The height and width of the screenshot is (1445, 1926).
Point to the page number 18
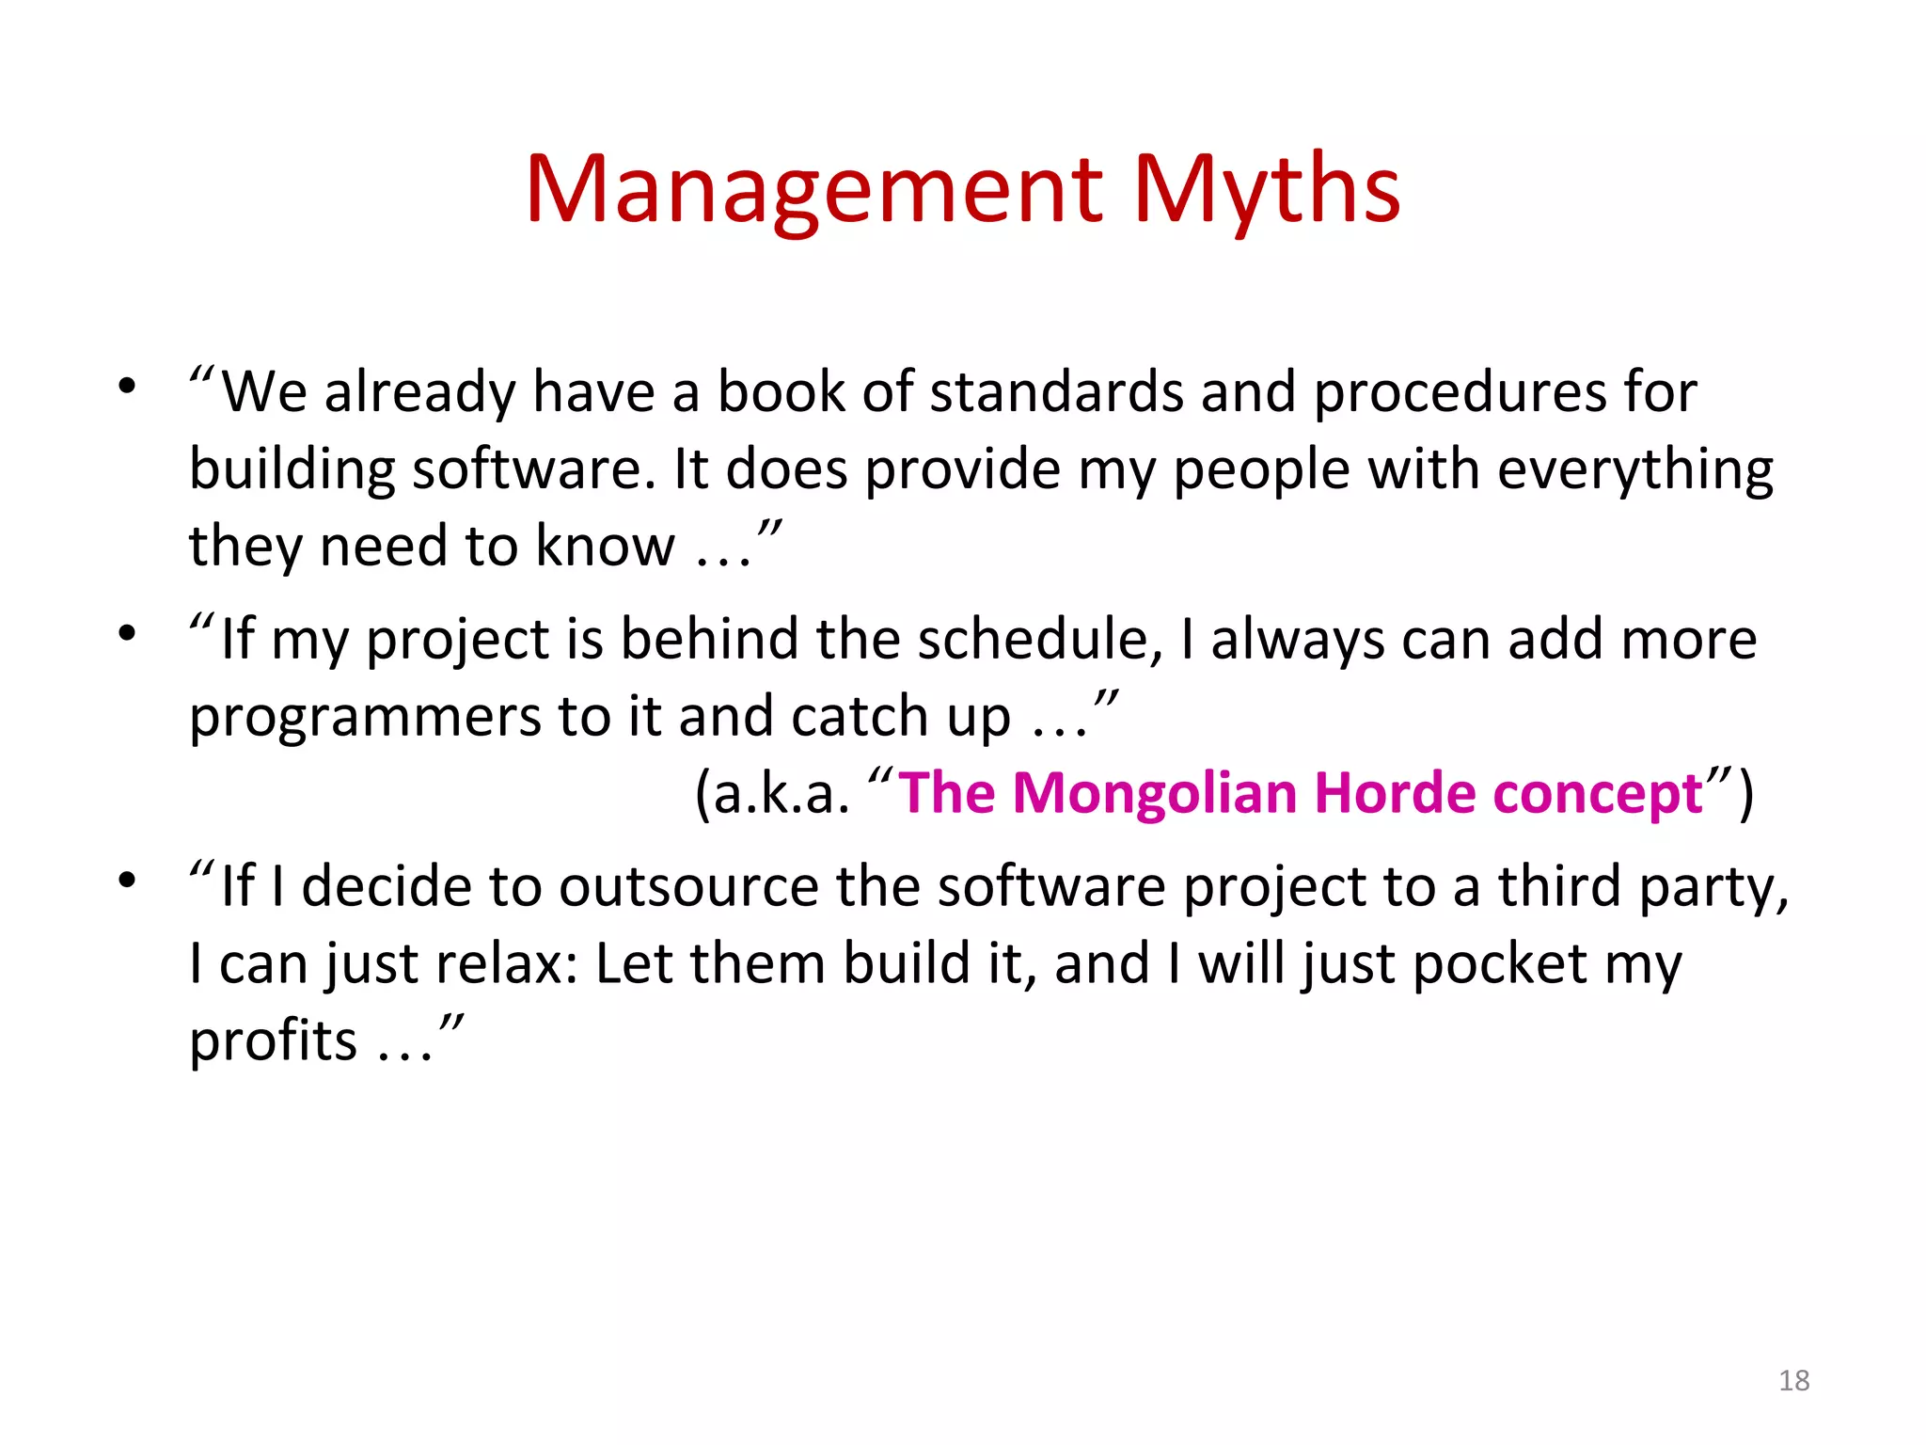coord(1794,1380)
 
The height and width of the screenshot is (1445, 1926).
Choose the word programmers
coord(365,718)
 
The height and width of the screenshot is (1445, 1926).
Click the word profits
coord(273,1042)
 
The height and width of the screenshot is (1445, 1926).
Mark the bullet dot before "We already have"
coord(127,386)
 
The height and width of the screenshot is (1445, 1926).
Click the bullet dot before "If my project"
coord(127,633)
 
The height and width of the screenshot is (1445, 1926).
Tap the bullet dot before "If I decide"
coord(127,881)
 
